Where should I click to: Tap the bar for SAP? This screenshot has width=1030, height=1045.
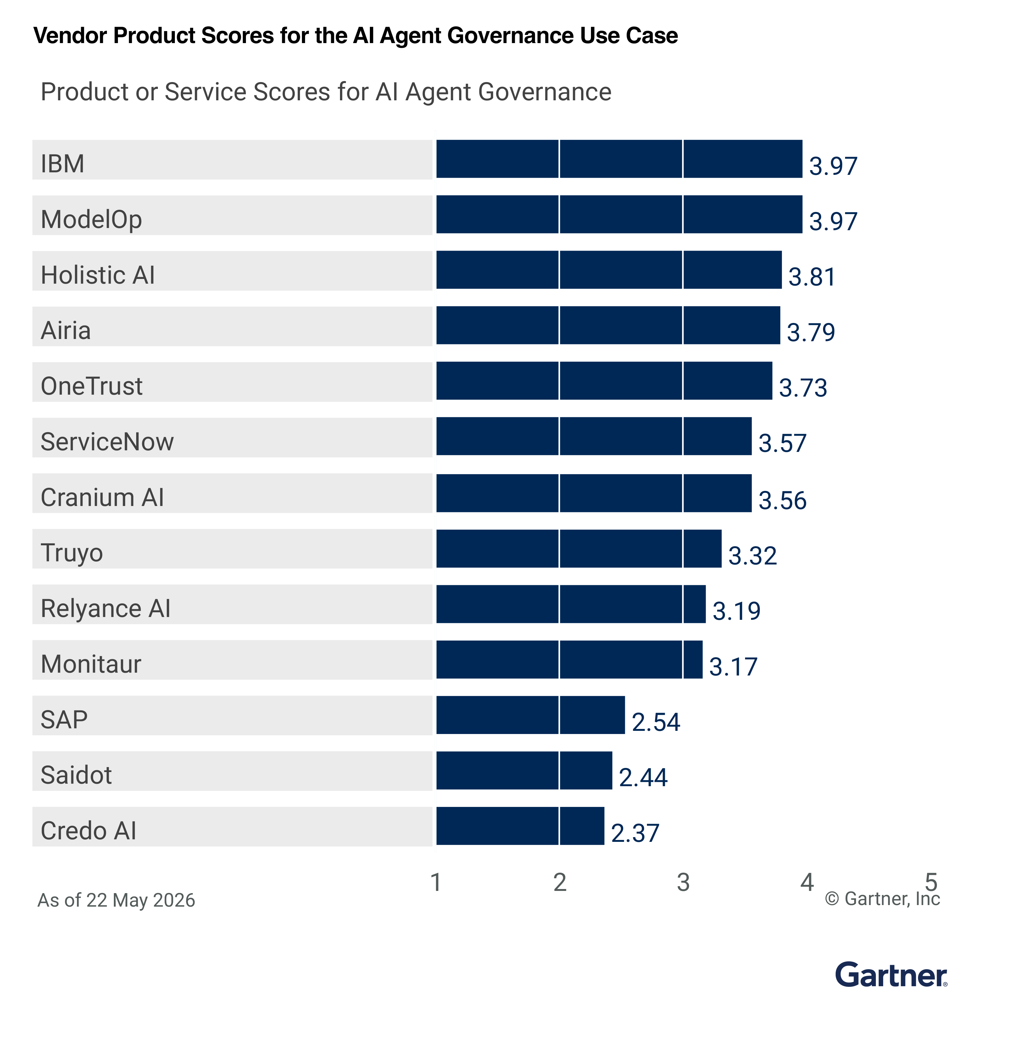[530, 715]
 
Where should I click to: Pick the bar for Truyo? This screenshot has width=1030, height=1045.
[579, 548]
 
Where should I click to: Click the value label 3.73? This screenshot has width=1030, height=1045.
[803, 388]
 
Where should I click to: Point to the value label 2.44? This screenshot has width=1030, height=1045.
[643, 777]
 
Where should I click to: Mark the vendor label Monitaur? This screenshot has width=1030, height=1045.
[91, 664]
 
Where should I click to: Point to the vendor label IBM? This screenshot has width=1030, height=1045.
[63, 163]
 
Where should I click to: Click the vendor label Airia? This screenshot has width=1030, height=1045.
[66, 330]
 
